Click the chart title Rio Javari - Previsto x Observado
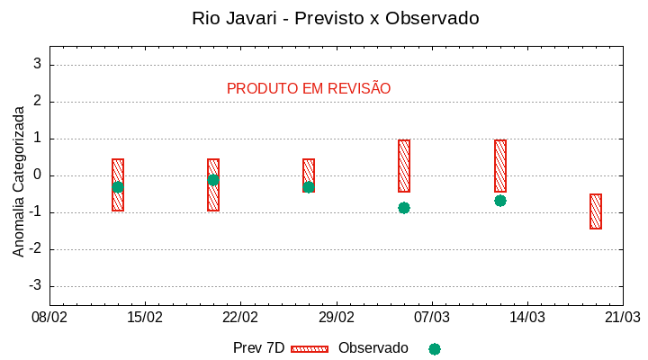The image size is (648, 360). coord(335,18)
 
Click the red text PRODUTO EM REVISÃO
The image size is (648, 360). coord(309,88)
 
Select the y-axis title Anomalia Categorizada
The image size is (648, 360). coord(19,181)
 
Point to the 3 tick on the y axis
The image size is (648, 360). coord(38,64)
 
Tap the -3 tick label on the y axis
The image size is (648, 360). coord(35,286)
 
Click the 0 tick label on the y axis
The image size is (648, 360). coord(38,175)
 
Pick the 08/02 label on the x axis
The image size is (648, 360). coord(49,318)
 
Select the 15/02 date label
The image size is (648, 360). coord(145,318)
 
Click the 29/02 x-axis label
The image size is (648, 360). coord(336,318)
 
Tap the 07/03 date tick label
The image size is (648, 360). coord(431,318)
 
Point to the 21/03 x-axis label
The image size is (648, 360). coord(622,318)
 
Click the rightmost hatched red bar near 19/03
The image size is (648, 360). coord(596,211)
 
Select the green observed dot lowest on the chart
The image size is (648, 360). coord(404,208)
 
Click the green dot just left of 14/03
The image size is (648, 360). coord(500,201)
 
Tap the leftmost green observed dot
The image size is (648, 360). coord(118,187)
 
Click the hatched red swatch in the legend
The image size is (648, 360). coord(310,348)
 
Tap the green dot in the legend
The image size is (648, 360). coord(435,348)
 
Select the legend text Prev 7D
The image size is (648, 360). coord(258,348)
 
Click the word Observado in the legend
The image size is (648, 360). coord(373,348)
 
